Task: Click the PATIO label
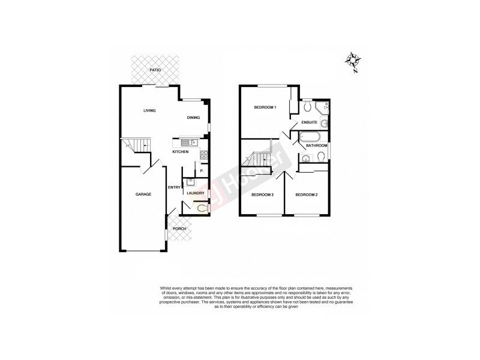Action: coord(155,71)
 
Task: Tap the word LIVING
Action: coord(149,110)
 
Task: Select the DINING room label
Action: coord(193,118)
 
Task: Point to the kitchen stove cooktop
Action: coord(203,155)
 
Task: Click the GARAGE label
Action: coord(142,194)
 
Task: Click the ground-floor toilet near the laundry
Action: coord(202,208)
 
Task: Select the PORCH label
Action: coord(179,229)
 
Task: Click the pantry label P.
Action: coord(202,171)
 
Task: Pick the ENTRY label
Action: coord(175,187)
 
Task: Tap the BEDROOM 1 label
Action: coord(265,107)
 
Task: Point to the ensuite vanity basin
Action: coord(324,124)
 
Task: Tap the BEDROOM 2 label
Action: coord(306,194)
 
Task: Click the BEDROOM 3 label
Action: coord(262,194)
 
